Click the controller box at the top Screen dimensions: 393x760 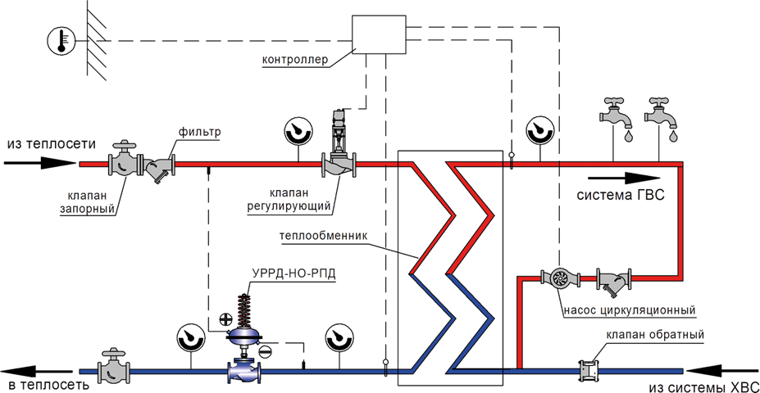[379, 35]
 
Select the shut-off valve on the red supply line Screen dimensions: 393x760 [125, 161]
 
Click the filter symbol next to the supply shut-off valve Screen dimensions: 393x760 [159, 168]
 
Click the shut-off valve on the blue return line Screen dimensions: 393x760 [112, 369]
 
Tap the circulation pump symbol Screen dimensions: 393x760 [559, 278]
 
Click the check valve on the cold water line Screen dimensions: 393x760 [588, 370]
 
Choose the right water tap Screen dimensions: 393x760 [662, 115]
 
